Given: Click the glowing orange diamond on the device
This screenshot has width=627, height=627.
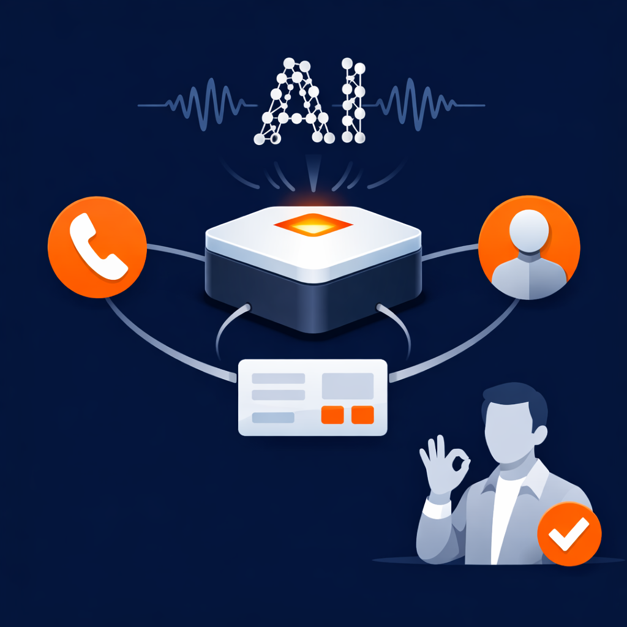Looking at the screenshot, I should pos(313,224).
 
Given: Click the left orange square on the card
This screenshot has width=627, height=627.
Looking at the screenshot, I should pos(332,415).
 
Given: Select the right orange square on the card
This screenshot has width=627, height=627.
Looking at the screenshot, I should pos(363,415).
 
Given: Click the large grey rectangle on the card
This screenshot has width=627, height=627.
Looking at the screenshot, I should pos(348,385).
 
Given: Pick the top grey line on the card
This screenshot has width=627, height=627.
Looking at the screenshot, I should pos(279,378).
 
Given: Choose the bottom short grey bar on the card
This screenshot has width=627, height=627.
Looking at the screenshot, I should pos(273,418).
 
